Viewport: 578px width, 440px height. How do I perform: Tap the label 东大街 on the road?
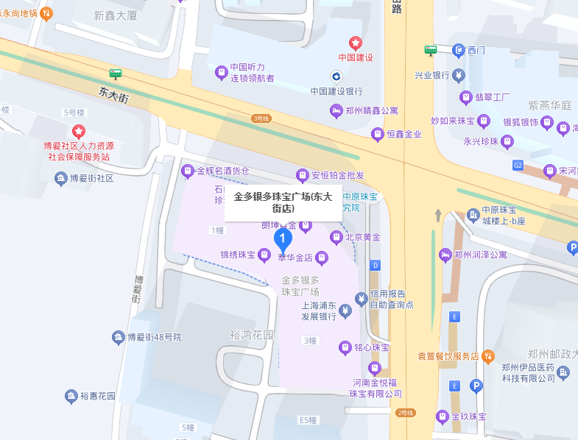tap(113, 94)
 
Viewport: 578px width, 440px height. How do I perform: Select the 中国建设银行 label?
tap(336, 91)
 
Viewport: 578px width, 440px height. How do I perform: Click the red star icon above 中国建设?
tap(356, 43)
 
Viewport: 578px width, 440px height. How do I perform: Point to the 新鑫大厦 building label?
tap(116, 15)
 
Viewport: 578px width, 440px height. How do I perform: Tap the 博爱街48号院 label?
tap(154, 337)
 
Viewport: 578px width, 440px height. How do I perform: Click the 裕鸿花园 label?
tap(251, 335)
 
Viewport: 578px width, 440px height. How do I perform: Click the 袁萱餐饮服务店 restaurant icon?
tap(487, 356)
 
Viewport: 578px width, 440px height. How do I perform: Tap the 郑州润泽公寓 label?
tap(481, 255)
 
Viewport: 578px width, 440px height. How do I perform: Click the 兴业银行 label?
tap(431, 75)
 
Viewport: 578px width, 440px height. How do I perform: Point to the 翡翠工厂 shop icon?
tap(465, 97)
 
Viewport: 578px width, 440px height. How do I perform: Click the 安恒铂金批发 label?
tap(337, 175)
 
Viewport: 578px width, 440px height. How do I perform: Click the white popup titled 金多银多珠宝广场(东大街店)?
tap(283, 202)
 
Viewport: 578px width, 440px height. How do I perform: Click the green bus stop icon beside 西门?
tap(431, 50)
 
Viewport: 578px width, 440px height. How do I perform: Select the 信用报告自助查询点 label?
tap(392, 299)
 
